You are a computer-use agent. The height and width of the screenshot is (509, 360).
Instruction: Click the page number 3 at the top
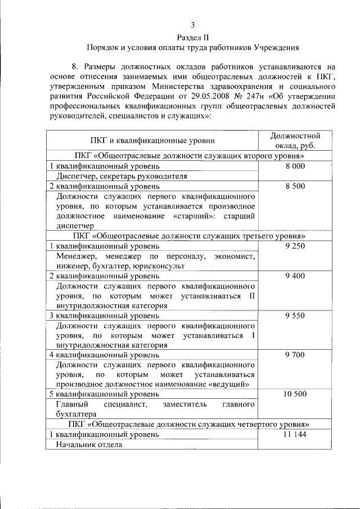click(193, 25)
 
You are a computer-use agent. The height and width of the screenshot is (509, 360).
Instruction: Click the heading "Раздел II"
click(192, 37)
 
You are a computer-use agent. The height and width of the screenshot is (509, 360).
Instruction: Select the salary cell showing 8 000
click(295, 166)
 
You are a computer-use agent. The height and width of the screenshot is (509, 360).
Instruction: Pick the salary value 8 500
click(295, 186)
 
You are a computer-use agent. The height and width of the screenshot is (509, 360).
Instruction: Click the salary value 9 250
click(295, 246)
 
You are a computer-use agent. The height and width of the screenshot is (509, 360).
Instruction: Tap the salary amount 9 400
click(295, 276)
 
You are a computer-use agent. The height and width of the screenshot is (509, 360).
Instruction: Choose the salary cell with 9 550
click(295, 316)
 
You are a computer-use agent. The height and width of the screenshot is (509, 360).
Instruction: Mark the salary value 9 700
click(295, 355)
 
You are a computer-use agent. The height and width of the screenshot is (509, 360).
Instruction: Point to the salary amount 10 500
click(295, 394)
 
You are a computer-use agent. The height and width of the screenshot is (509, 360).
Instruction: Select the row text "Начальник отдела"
click(88, 444)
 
